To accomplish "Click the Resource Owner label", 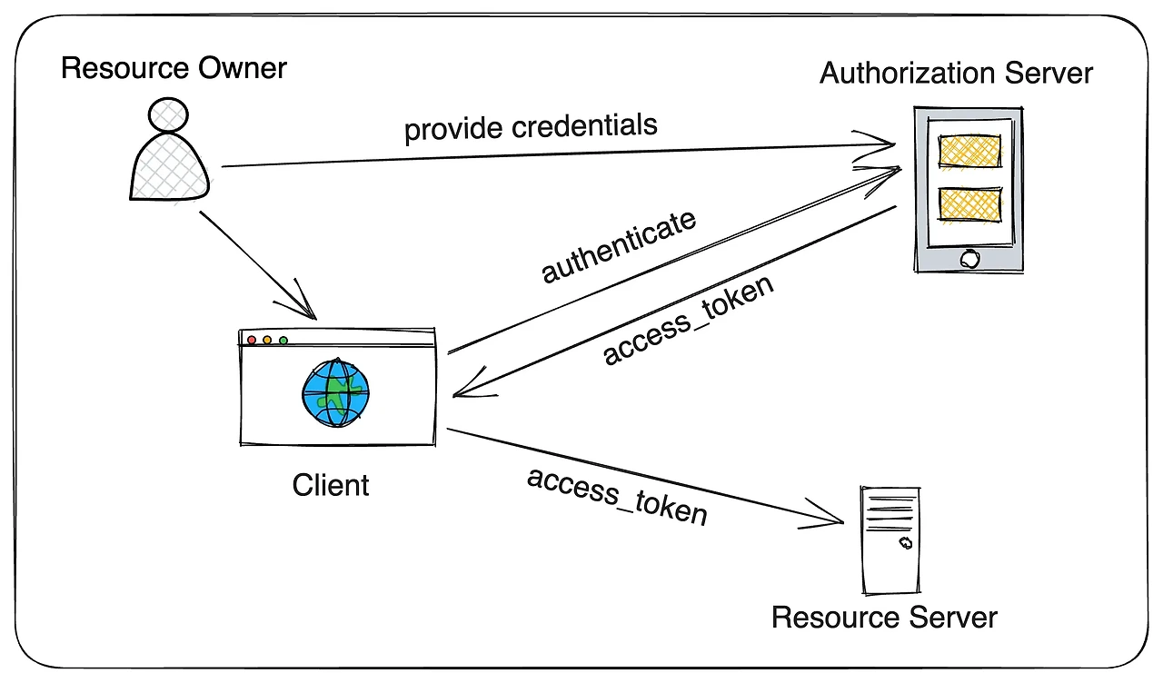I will pyautogui.click(x=174, y=68).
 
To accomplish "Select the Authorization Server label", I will pyautogui.click(x=956, y=73).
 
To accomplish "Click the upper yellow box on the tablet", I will pyautogui.click(x=969, y=151).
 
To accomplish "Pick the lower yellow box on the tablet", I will pyautogui.click(x=969, y=203).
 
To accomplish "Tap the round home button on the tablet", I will pyautogui.click(x=969, y=258).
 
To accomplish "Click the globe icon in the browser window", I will pyautogui.click(x=335, y=392).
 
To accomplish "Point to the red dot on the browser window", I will pyautogui.click(x=252, y=341).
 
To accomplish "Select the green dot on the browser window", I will pyautogui.click(x=283, y=341).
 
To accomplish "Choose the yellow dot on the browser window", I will pyautogui.click(x=267, y=341).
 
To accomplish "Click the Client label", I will pyautogui.click(x=331, y=485).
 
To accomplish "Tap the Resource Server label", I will pyautogui.click(x=884, y=619).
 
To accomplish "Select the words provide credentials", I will pyautogui.click(x=531, y=127).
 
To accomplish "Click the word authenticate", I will pyautogui.click(x=620, y=246).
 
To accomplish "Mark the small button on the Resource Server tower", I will pyautogui.click(x=905, y=543).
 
